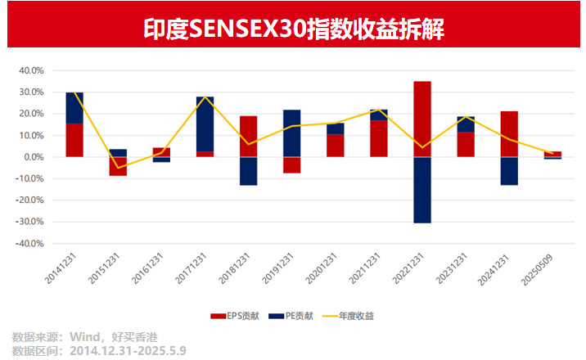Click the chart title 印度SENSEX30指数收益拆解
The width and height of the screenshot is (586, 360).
[x=293, y=29]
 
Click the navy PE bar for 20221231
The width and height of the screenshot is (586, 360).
[x=422, y=190]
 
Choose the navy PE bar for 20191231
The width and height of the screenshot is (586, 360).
[x=292, y=133]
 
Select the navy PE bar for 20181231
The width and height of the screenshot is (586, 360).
[x=249, y=171]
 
